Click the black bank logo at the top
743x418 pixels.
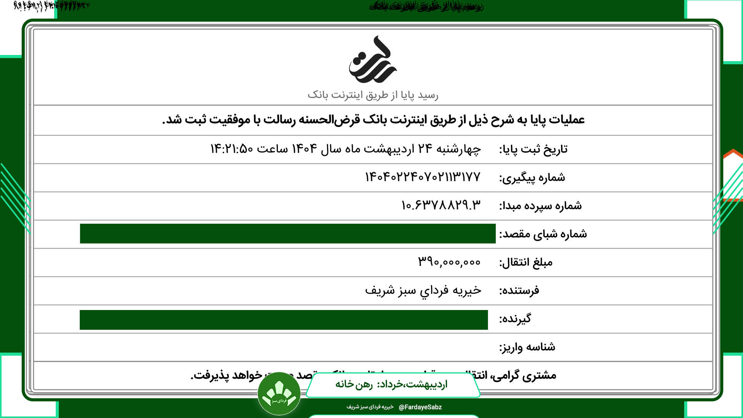(373, 60)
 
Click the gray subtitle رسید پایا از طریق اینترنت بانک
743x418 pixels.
(373, 95)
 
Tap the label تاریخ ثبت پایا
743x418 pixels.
(533, 149)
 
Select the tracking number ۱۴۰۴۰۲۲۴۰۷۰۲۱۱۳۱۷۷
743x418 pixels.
(423, 177)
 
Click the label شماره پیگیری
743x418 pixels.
(532, 178)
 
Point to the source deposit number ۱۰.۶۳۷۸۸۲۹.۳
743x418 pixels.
(441, 206)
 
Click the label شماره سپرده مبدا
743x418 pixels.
(540, 206)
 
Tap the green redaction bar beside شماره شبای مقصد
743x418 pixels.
(288, 233)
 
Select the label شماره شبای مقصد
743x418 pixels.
(543, 234)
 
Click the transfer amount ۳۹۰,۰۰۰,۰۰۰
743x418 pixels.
(449, 262)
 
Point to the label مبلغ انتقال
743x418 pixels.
(526, 263)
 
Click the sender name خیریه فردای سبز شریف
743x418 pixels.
(423, 290)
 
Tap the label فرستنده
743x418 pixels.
(519, 291)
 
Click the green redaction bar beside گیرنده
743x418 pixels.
(284, 320)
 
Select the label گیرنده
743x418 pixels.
(515, 319)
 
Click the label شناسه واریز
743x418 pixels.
(527, 347)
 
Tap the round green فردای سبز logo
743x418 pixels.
(279, 394)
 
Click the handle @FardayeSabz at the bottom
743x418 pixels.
(420, 407)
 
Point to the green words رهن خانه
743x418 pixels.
(354, 384)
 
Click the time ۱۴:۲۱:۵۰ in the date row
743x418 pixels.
(231, 149)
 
